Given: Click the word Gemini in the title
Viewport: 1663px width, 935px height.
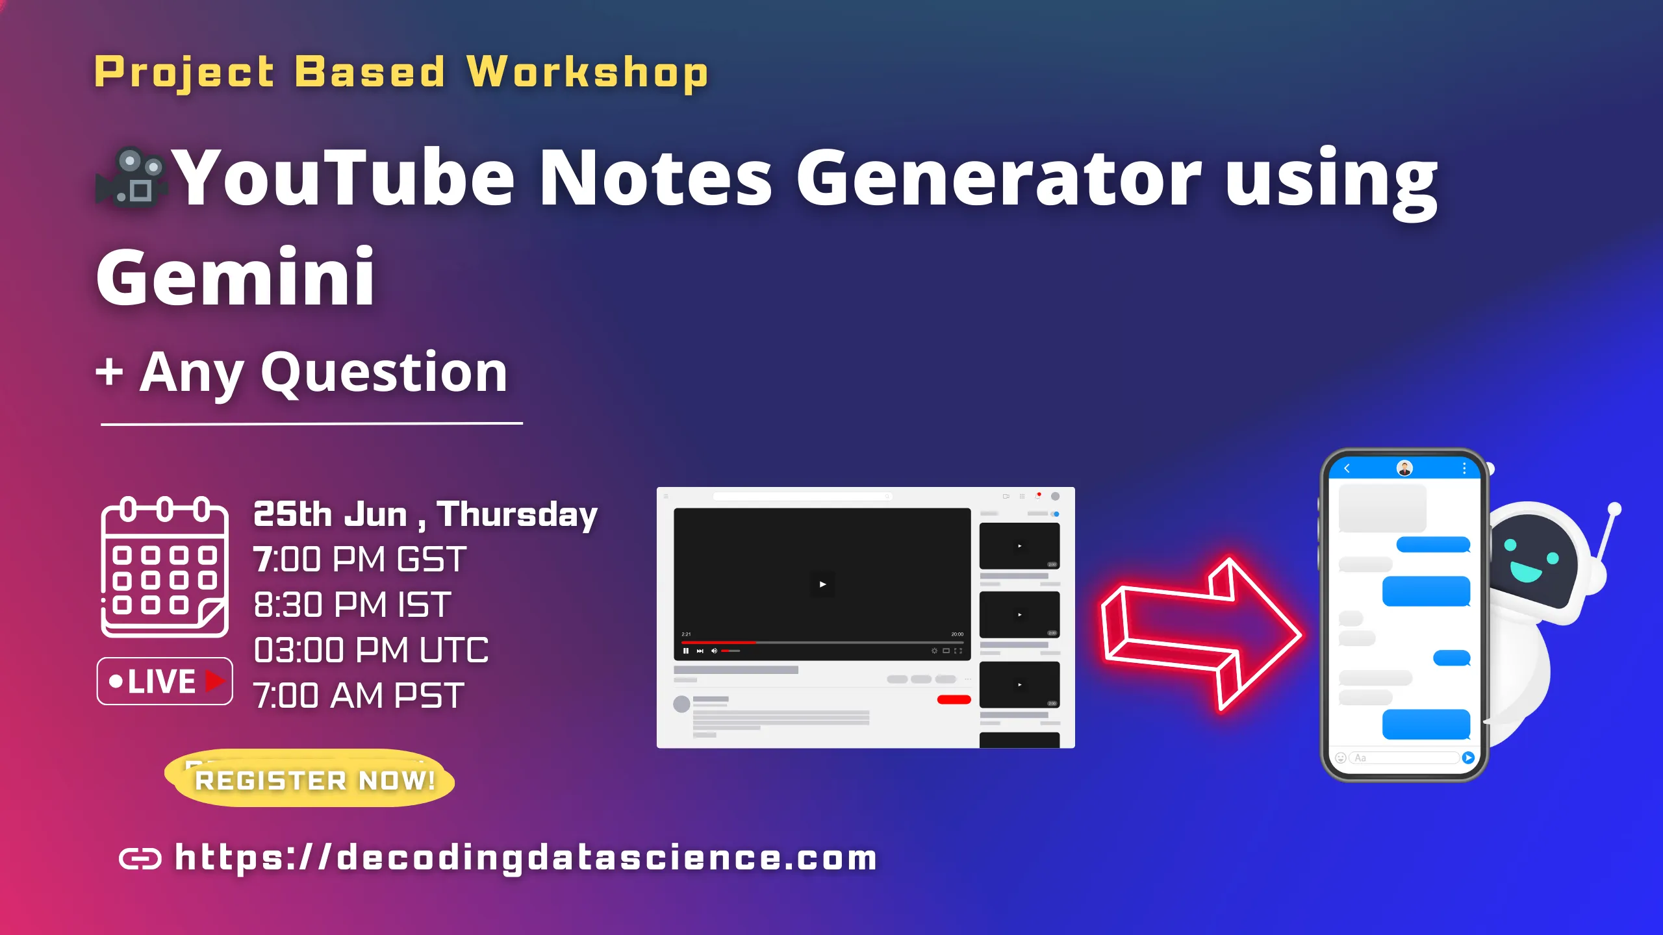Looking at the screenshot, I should pyautogui.click(x=235, y=278).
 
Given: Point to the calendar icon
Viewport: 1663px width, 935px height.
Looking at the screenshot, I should pyautogui.click(x=164, y=567).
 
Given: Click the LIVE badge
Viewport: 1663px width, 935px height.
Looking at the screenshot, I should pyautogui.click(x=164, y=681).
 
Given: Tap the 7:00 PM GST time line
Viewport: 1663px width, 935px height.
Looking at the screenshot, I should pyautogui.click(x=359, y=559).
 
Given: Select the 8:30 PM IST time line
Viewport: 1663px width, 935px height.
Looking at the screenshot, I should pyautogui.click(x=352, y=605).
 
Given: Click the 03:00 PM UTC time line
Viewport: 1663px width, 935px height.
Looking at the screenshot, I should pyautogui.click(x=370, y=650).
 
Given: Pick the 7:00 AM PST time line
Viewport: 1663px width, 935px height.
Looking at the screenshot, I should pyautogui.click(x=359, y=695).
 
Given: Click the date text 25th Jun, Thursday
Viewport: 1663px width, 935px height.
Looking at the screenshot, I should pyautogui.click(x=425, y=514).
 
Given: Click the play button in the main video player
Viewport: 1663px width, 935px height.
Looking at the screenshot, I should pyautogui.click(x=822, y=584).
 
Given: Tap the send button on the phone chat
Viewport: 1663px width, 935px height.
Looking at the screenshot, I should pyautogui.click(x=1468, y=758).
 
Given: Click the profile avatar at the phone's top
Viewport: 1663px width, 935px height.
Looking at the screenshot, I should pyautogui.click(x=1404, y=468).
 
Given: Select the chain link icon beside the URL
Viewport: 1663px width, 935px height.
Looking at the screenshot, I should pyautogui.click(x=140, y=858).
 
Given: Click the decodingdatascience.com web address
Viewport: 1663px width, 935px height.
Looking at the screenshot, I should pyautogui.click(x=526, y=857).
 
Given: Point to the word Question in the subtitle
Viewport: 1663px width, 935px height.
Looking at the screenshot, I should pyautogui.click(x=384, y=373).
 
